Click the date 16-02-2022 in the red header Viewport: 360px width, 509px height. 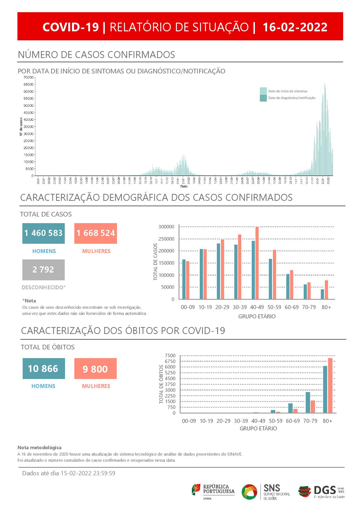pos(295,27)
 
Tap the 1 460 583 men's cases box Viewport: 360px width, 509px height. pos(44,233)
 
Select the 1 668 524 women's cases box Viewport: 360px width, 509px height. pos(96,233)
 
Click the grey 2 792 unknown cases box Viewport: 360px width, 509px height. pos(44,270)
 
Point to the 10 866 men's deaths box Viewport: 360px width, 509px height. pos(44,369)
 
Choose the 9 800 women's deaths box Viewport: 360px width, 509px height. pos(95,369)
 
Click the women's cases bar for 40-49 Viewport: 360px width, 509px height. pos(257,263)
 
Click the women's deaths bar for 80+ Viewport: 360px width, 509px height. pos(330,385)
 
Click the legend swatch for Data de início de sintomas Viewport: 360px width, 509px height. pos(263,91)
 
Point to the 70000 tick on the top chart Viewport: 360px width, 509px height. pos(28,77)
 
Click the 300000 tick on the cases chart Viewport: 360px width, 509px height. pos(166,227)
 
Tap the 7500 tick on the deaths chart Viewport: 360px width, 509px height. pos(170,356)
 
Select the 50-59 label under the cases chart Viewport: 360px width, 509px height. pos(274,307)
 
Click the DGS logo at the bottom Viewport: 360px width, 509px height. pos(321,492)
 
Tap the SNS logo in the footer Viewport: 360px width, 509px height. pos(266,492)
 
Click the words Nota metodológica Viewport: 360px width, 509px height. pos(39,447)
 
